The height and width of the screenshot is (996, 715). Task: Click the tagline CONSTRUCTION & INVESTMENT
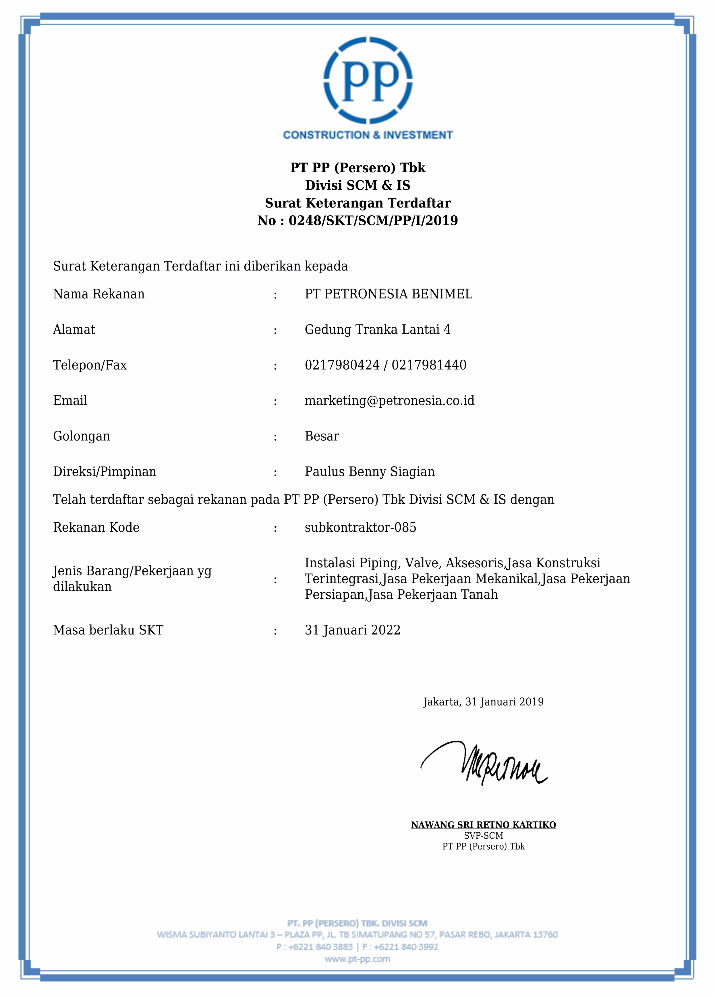click(x=368, y=135)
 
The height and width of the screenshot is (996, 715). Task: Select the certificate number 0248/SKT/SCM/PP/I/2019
click(x=373, y=221)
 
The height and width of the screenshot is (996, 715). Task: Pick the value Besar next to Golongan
click(x=322, y=436)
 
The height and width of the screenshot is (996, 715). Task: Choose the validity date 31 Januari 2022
click(x=352, y=630)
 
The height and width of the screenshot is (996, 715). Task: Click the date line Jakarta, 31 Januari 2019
click(x=483, y=702)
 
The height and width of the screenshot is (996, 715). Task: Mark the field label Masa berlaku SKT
click(x=108, y=630)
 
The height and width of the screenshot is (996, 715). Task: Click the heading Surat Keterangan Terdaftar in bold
click(x=357, y=203)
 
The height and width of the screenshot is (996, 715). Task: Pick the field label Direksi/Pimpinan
click(x=105, y=472)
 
